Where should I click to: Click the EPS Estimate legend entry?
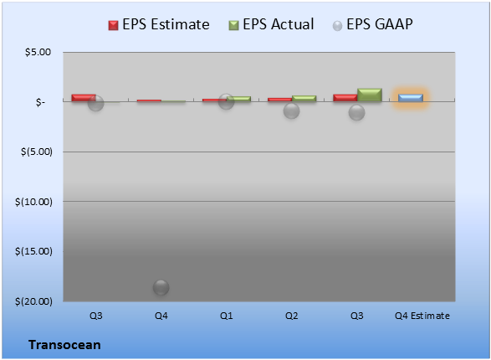click(159, 24)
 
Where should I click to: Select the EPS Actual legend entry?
click(271, 24)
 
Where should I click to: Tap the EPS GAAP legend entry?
click(372, 24)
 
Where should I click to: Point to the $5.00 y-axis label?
click(38, 52)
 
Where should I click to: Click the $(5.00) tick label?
click(37, 152)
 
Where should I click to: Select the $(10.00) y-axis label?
click(33, 202)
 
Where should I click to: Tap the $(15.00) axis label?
click(33, 251)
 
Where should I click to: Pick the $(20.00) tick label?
click(33, 301)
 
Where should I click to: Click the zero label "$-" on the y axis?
click(40, 102)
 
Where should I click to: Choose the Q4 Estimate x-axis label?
click(422, 316)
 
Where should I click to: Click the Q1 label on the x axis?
click(227, 316)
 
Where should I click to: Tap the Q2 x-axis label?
click(292, 316)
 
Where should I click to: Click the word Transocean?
click(64, 345)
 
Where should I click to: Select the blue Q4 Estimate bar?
click(411, 98)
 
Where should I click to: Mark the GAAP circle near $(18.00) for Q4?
click(161, 287)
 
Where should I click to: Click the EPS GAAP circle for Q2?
click(292, 111)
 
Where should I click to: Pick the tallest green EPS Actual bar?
click(370, 95)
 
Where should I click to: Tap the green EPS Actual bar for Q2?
click(304, 99)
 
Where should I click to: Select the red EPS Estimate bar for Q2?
click(279, 100)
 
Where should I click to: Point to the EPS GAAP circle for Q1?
click(226, 101)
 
